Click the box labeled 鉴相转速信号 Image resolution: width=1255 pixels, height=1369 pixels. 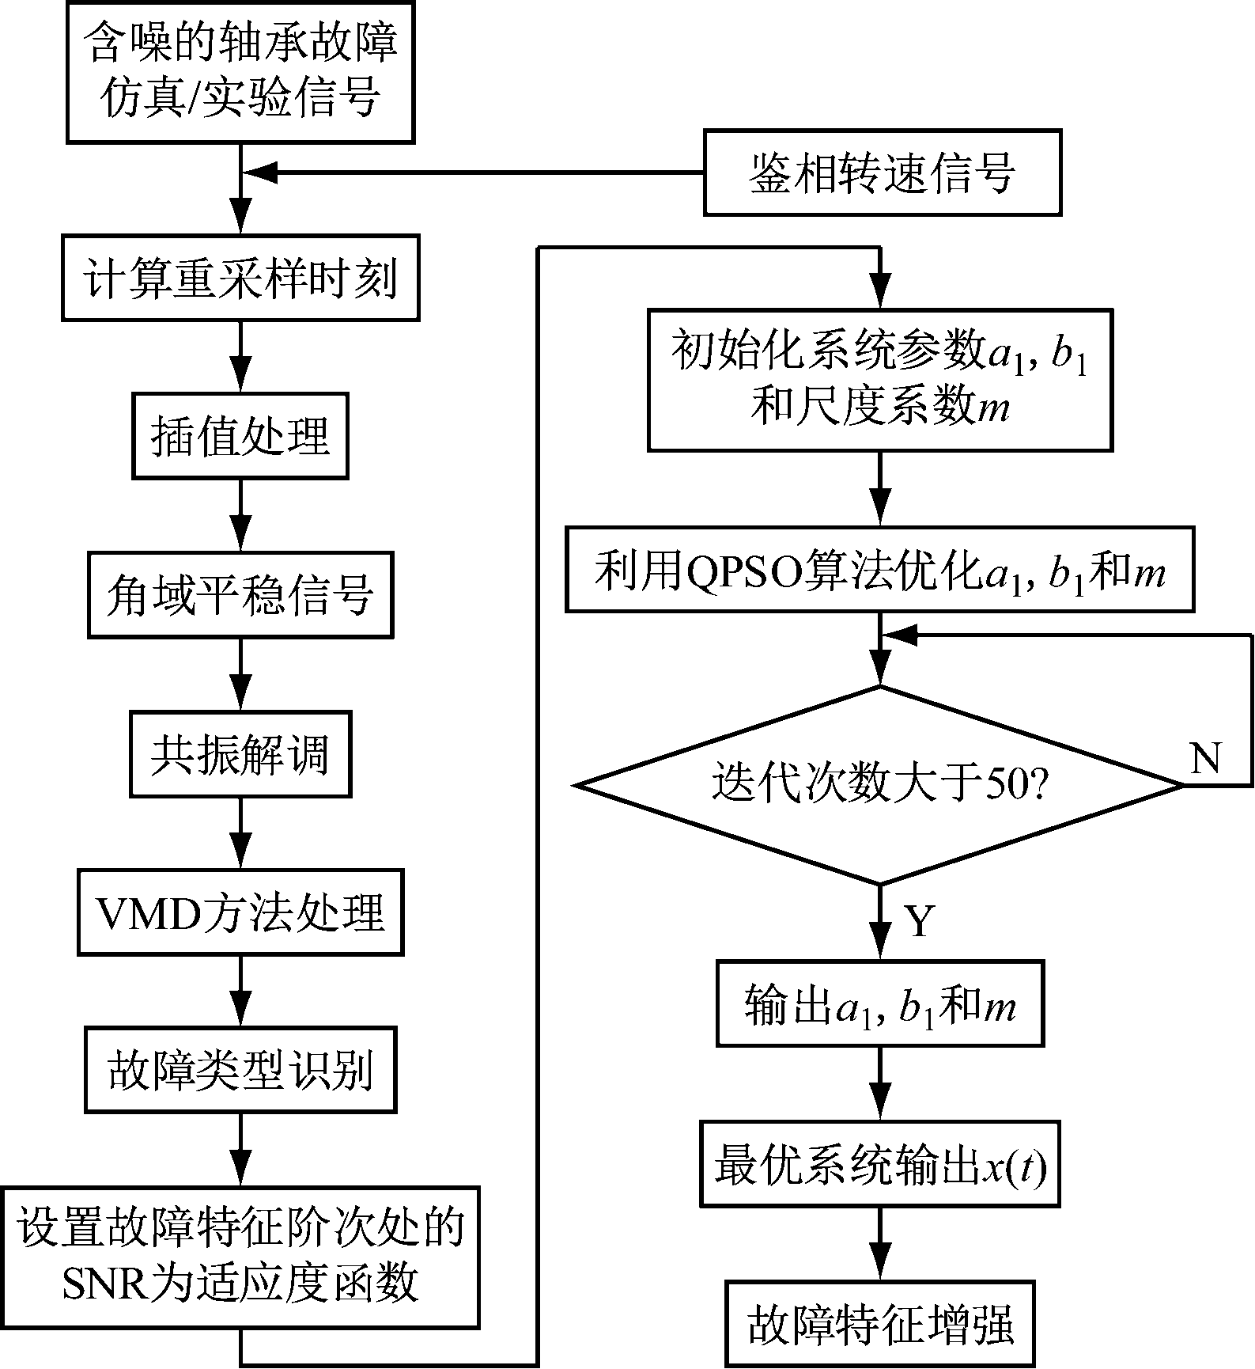pyautogui.click(x=882, y=173)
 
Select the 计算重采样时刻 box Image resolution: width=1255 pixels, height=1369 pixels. pyautogui.click(x=240, y=279)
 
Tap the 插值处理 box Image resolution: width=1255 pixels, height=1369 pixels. pyautogui.click(x=240, y=437)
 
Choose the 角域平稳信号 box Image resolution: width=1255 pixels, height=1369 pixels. pyautogui.click(x=240, y=595)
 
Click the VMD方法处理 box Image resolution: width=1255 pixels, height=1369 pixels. pyautogui.click(x=240, y=912)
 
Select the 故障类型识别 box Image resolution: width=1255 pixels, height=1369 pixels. pyautogui.click(x=240, y=1070)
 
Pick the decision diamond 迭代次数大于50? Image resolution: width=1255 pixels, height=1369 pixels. pyautogui.click(x=879, y=784)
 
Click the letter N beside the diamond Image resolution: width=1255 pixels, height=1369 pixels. pyautogui.click(x=1205, y=759)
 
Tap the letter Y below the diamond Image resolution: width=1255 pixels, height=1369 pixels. pyautogui.click(x=919, y=920)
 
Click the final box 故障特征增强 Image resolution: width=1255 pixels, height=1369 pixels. pyautogui.click(x=879, y=1325)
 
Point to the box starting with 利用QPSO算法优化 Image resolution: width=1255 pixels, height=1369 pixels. pyautogui.click(x=879, y=571)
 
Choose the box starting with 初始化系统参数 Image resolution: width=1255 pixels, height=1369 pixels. pyautogui.click(x=879, y=380)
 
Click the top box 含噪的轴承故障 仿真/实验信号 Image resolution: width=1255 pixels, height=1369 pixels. pyautogui.click(x=240, y=73)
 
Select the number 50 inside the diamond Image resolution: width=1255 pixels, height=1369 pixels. pyautogui.click(x=1008, y=786)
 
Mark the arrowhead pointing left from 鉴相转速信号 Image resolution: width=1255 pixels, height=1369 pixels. pyautogui.click(x=258, y=173)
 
